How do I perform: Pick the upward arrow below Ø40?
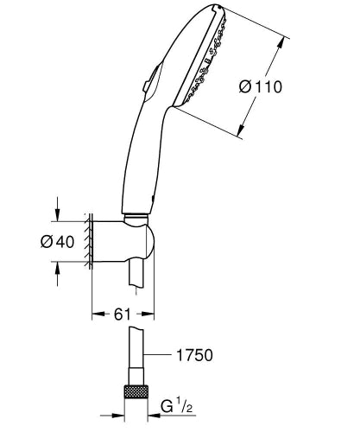click(x=57, y=270)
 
